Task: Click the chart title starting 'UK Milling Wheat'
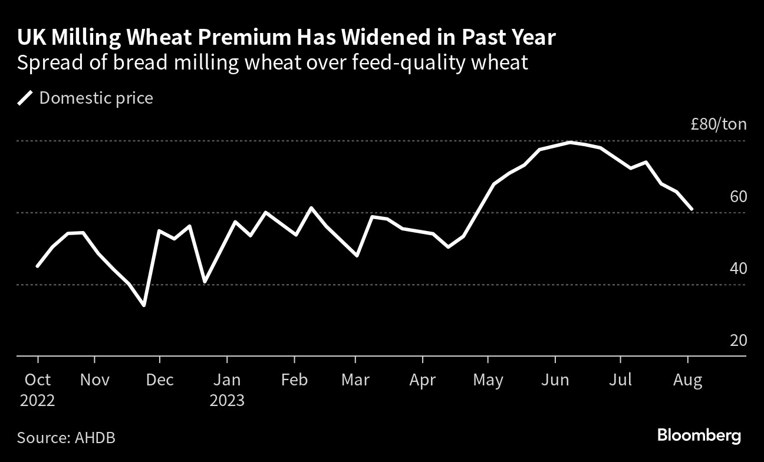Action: pos(286,38)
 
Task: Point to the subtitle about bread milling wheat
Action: pos(272,62)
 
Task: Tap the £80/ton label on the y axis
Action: pos(719,124)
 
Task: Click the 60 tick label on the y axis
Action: pos(738,197)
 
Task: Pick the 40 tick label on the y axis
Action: pos(738,269)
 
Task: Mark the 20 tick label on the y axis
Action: pos(738,341)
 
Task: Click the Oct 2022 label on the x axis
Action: pos(38,390)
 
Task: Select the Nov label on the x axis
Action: pos(94,380)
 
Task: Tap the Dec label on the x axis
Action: pos(160,380)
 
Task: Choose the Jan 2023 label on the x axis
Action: pos(227,390)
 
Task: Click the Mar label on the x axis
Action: pos(355,380)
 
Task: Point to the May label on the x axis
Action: pos(489,380)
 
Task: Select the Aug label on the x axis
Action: pos(687,380)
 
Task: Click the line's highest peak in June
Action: pos(569,142)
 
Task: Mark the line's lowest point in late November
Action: pos(144,305)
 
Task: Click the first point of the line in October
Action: pos(38,266)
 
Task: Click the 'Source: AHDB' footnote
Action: pos(66,438)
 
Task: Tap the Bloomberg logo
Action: pos(699,436)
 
